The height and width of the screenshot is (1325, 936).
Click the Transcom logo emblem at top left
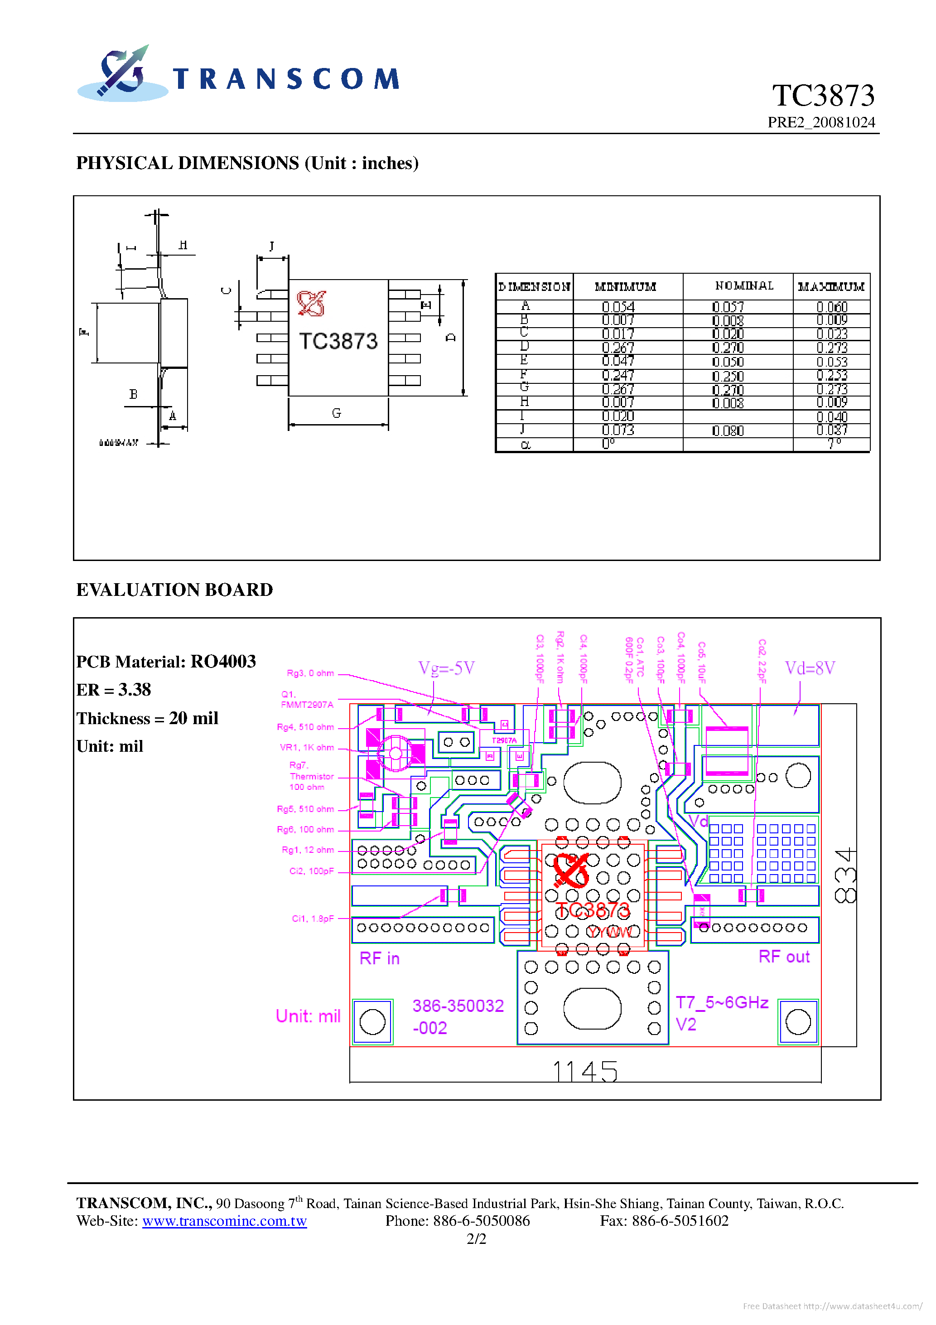pyautogui.click(x=122, y=74)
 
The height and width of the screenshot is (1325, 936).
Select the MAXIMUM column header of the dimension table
pyautogui.click(x=830, y=287)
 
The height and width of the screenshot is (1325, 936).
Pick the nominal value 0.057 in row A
pyautogui.click(x=728, y=307)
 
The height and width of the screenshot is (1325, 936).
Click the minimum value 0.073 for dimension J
pyautogui.click(x=618, y=430)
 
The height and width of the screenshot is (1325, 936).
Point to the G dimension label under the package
pyautogui.click(x=337, y=413)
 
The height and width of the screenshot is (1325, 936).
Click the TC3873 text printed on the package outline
pyautogui.click(x=338, y=342)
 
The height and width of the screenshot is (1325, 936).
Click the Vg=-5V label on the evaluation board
pyautogui.click(x=446, y=668)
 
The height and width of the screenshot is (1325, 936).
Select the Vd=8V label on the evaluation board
pyautogui.click(x=810, y=668)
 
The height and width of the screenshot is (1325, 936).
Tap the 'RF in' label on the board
pyautogui.click(x=379, y=958)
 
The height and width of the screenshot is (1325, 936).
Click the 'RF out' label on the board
pyautogui.click(x=784, y=957)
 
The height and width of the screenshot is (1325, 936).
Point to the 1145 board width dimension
pyautogui.click(x=585, y=1072)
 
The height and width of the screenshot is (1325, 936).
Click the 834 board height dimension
pyautogui.click(x=846, y=875)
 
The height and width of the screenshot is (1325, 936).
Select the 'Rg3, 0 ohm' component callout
pyautogui.click(x=310, y=673)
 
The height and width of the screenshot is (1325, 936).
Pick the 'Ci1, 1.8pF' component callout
pyautogui.click(x=312, y=919)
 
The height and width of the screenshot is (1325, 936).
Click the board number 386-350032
pyautogui.click(x=458, y=1006)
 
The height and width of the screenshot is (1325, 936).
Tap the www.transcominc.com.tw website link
pyautogui.click(x=224, y=1221)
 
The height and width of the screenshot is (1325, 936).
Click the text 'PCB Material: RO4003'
pyautogui.click(x=166, y=661)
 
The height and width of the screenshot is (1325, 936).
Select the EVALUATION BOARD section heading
pyautogui.click(x=174, y=590)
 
